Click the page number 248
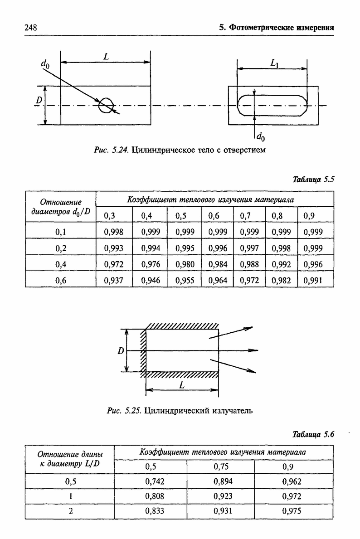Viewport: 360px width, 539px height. [x=30, y=28]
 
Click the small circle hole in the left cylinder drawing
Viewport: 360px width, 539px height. [x=106, y=99]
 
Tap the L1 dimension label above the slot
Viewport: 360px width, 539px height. [x=274, y=63]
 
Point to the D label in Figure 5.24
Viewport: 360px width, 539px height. [x=39, y=100]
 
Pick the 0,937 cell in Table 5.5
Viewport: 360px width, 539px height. [x=113, y=281]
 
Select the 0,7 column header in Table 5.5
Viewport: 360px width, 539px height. [x=245, y=216]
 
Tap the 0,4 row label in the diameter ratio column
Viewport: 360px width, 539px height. [x=61, y=264]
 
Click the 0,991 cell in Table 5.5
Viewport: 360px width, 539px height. [x=313, y=281]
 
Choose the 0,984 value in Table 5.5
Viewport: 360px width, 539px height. [x=218, y=264]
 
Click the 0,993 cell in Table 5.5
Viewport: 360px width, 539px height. [x=113, y=248]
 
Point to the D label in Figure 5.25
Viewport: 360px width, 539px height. [x=121, y=351]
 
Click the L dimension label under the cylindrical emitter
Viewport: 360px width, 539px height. [x=182, y=385]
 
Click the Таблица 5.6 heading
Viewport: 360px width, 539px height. [x=313, y=434]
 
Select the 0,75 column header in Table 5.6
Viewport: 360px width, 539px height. [x=221, y=467]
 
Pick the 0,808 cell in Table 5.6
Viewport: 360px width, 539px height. [x=155, y=496]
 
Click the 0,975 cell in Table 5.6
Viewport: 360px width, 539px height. [x=292, y=511]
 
